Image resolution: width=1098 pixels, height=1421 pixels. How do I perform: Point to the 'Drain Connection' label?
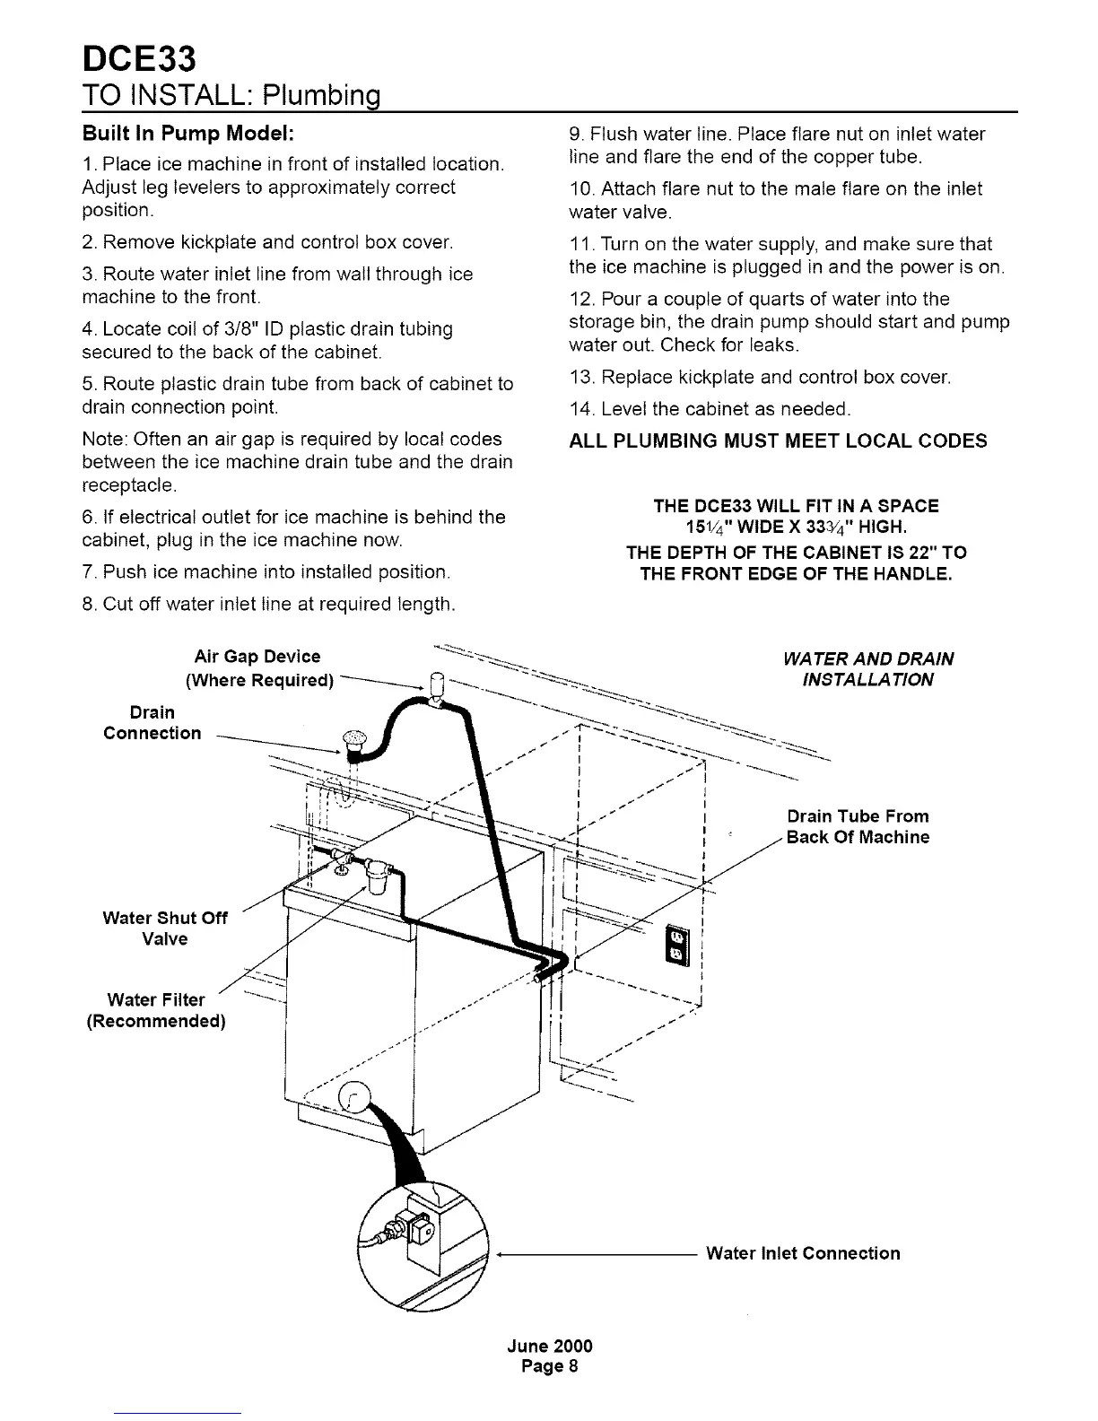coord(152,722)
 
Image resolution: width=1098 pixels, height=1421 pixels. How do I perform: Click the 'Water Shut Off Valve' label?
coord(165,928)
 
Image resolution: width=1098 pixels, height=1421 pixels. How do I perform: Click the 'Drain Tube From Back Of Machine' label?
coord(858,826)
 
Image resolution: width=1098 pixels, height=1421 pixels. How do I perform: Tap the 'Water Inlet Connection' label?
coord(803,1253)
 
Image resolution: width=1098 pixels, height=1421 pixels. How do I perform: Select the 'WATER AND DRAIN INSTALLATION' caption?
coord(867,668)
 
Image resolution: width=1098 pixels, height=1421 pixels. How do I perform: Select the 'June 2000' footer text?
coord(550,1346)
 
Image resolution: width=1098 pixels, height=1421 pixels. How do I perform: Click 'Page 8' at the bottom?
coord(550,1366)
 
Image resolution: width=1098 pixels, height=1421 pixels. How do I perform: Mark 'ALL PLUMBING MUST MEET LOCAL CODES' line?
coord(778,441)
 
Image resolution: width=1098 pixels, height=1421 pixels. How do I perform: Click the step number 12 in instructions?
coord(580,299)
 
